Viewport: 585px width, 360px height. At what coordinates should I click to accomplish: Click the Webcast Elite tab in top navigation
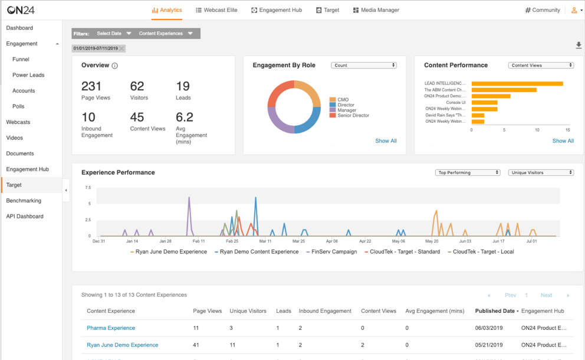[x=216, y=10]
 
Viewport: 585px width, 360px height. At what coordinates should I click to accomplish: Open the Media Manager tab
[x=376, y=10]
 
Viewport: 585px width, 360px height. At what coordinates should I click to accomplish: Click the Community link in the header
[x=543, y=10]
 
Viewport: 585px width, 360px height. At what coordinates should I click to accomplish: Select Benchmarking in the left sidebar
[x=24, y=201]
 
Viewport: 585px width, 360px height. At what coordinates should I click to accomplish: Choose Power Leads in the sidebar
[x=28, y=75]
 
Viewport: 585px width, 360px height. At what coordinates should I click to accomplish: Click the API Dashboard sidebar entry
[x=25, y=217]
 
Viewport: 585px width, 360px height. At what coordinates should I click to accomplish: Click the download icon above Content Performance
[x=579, y=45]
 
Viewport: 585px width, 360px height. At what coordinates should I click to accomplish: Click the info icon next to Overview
[x=114, y=66]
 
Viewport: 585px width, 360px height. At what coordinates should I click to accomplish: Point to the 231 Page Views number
[x=91, y=87]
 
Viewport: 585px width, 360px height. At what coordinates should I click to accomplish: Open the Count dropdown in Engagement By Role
[x=363, y=66]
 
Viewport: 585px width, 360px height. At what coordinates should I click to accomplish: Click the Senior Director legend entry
[x=353, y=116]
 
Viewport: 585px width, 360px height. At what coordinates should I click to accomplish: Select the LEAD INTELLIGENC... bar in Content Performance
[x=517, y=84]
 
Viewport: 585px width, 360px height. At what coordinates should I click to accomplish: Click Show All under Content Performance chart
[x=563, y=141]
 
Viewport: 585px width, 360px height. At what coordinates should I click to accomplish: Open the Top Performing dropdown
[x=468, y=173]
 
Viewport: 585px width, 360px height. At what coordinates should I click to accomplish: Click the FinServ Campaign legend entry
[x=333, y=251]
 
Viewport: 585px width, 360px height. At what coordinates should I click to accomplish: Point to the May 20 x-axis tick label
[x=432, y=241]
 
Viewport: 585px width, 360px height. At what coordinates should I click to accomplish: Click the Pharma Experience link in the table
[x=111, y=328]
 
